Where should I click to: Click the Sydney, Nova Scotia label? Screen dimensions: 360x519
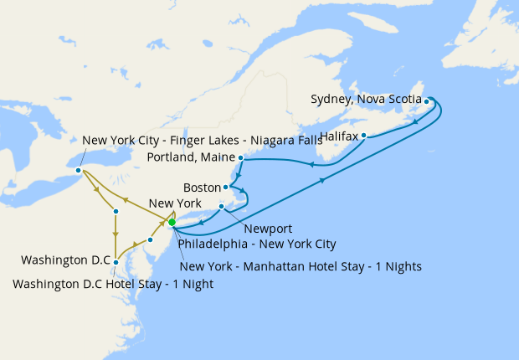pos(366,99)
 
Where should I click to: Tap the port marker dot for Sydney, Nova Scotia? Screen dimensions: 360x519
pos(427,102)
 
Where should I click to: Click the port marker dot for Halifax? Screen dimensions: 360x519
pos(363,135)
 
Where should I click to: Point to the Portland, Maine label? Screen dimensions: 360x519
pos(192,157)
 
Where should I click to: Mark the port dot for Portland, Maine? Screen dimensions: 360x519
pos(241,157)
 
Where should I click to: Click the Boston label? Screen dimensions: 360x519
pos(201,187)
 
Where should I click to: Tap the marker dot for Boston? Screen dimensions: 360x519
pos(226,187)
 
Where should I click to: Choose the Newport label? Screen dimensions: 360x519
pos(269,227)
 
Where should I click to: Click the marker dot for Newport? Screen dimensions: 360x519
pos(221,206)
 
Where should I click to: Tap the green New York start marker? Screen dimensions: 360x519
pos(172,222)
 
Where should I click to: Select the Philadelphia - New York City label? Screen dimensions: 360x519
pos(257,244)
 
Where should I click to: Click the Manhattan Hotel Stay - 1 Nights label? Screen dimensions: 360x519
pos(301,266)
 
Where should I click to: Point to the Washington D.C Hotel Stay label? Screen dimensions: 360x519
pos(113,284)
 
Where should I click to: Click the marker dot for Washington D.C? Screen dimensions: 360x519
pos(116,263)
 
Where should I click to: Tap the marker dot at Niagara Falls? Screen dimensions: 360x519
pos(78,171)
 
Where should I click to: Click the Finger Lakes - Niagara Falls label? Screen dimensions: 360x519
pos(202,140)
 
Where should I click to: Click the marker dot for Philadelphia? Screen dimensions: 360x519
pos(149,240)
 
